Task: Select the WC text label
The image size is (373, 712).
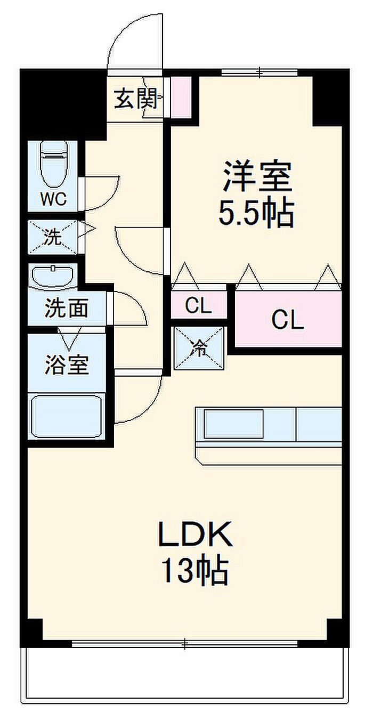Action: click(54, 199)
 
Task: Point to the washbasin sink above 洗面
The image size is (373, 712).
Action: click(53, 277)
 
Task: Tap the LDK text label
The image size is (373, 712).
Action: click(195, 535)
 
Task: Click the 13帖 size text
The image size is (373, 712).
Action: click(195, 571)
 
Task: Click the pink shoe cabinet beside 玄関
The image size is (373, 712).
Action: click(180, 97)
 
